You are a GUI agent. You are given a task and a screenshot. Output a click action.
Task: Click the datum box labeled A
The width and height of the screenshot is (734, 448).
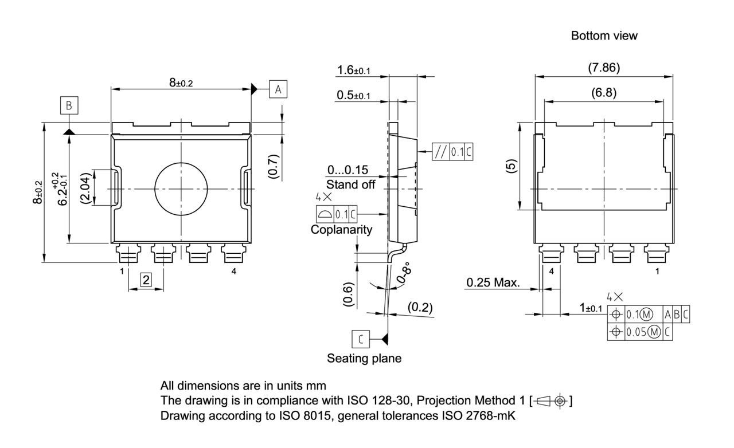278,89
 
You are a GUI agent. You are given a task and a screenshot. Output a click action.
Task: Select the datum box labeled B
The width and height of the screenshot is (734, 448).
69,105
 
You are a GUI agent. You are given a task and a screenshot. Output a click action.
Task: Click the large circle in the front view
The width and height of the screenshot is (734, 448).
181,188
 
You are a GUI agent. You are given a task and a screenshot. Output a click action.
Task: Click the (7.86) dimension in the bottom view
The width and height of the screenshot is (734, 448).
604,68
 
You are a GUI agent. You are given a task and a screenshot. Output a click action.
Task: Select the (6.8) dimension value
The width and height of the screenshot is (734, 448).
604,93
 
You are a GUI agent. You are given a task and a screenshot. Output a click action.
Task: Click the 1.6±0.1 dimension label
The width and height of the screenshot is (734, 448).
354,70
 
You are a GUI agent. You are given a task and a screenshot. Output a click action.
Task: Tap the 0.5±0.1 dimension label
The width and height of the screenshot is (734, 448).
354,95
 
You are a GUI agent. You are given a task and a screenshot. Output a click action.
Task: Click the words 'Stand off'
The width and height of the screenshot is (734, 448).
351,184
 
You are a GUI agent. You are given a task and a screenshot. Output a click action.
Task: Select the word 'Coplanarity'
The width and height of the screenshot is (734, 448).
341,230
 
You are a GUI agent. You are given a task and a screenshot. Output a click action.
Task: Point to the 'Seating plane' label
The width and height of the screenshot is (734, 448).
364,359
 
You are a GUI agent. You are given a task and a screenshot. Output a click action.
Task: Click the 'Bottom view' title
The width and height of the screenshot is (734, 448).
604,36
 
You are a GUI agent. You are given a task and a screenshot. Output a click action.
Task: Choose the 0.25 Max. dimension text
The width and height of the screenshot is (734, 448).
493,282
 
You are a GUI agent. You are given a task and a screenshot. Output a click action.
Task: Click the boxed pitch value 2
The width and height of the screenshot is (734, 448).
146,280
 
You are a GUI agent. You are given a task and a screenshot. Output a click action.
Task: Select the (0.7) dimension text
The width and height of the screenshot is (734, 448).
273,166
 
